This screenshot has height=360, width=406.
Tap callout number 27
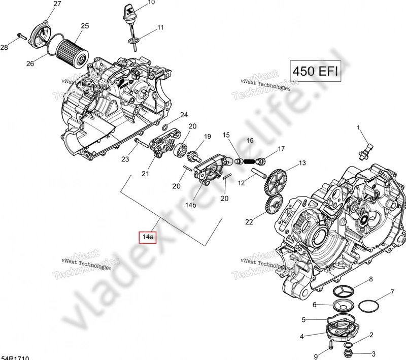point(57,4)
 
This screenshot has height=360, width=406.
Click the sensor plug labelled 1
point(367,149)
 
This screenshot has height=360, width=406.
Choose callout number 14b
point(191,205)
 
